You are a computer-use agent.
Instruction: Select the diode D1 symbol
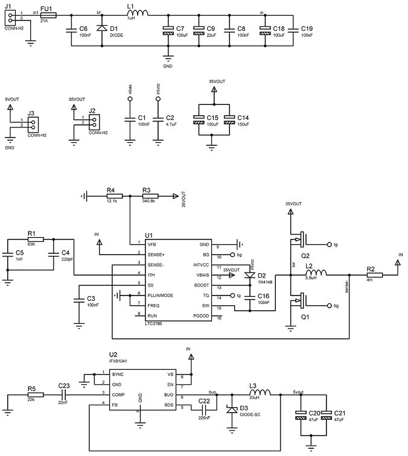[101, 28]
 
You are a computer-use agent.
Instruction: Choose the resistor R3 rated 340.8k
[150, 196]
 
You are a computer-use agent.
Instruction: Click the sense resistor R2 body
[370, 275]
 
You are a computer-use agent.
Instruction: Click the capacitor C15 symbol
[199, 119]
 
